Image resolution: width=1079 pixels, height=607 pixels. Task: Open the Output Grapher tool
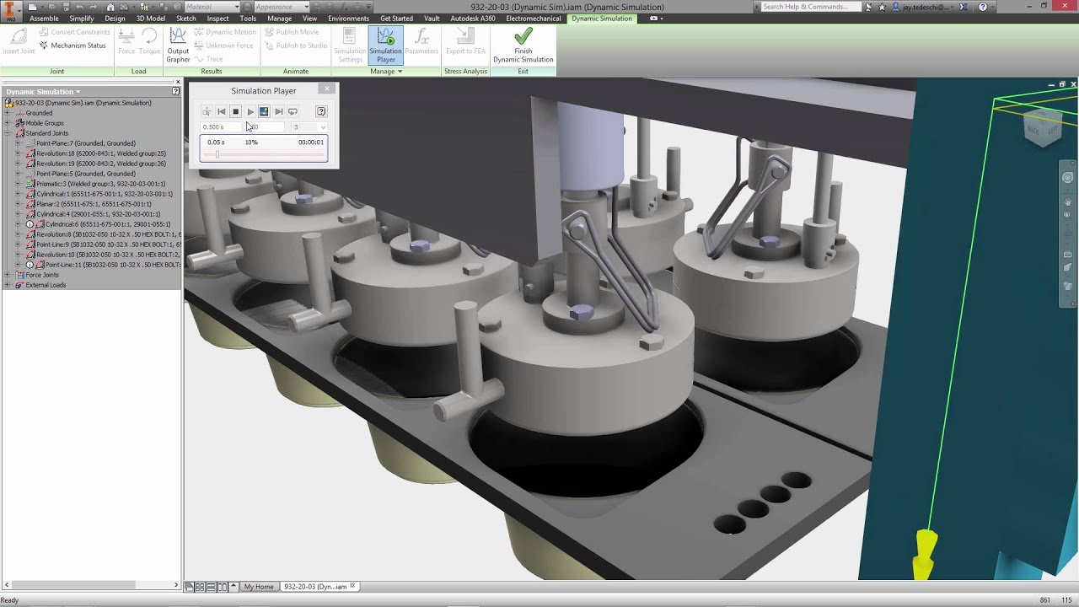pyautogui.click(x=178, y=45)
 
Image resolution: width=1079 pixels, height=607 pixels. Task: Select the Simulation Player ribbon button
pyautogui.click(x=385, y=45)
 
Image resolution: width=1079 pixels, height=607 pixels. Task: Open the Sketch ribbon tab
pyautogui.click(x=186, y=19)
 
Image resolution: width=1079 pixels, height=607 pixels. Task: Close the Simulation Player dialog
pyautogui.click(x=327, y=89)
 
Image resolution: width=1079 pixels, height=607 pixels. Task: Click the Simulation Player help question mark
pyautogui.click(x=321, y=111)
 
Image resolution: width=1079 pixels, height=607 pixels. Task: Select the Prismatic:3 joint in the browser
pyautogui.click(x=100, y=184)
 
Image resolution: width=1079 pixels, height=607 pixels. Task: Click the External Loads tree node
pyautogui.click(x=46, y=285)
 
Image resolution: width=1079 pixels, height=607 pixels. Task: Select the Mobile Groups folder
pyautogui.click(x=44, y=123)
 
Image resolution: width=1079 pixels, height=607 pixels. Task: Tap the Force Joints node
pyautogui.click(x=42, y=275)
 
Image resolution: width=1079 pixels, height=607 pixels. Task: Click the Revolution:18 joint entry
pyautogui.click(x=100, y=153)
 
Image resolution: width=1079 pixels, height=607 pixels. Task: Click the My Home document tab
pyautogui.click(x=259, y=587)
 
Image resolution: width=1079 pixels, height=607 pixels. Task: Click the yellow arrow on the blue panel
pyautogui.click(x=926, y=552)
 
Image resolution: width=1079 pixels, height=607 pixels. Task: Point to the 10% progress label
pyautogui.click(x=251, y=142)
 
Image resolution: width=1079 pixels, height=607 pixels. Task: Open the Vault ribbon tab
pyautogui.click(x=432, y=19)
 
